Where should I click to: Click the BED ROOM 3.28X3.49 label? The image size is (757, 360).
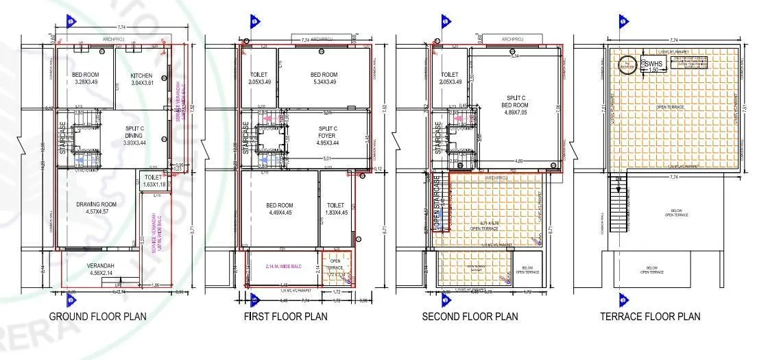(x=86, y=79)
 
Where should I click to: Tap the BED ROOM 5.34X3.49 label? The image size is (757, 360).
(x=324, y=79)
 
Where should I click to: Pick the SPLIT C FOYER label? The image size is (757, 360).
(x=328, y=133)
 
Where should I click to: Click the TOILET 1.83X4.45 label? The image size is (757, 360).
(x=335, y=209)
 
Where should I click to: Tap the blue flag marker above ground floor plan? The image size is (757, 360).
(x=69, y=22)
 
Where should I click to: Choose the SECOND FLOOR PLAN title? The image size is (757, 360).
(x=470, y=317)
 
